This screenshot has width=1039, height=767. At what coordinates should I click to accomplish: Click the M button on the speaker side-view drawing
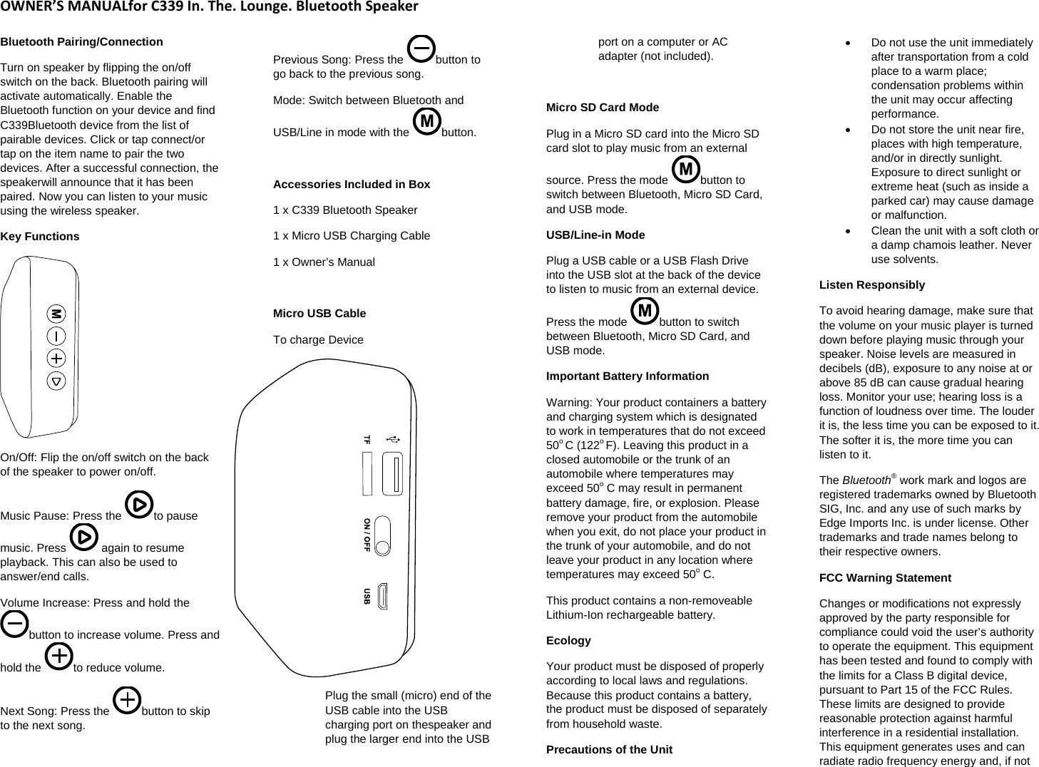click(x=56, y=314)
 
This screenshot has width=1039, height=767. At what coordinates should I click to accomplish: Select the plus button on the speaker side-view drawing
click(x=56, y=358)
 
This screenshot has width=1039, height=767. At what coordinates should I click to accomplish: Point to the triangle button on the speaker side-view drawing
click(x=56, y=381)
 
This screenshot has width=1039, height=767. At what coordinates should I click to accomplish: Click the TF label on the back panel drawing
click(x=367, y=440)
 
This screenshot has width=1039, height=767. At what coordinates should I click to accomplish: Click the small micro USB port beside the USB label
click(x=382, y=597)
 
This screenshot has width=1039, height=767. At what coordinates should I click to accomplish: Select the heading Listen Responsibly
click(x=871, y=285)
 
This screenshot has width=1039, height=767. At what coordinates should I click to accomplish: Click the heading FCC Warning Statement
click(x=885, y=578)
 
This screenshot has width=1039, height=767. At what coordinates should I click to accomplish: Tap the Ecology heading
click(x=568, y=641)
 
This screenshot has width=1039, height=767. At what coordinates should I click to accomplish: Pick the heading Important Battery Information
click(x=627, y=376)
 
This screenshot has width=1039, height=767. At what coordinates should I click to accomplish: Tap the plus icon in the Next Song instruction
click(x=127, y=701)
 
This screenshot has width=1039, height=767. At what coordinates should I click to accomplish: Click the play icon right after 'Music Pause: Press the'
click(x=138, y=505)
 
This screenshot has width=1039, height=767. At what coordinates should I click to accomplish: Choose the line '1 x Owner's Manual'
click(x=324, y=262)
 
